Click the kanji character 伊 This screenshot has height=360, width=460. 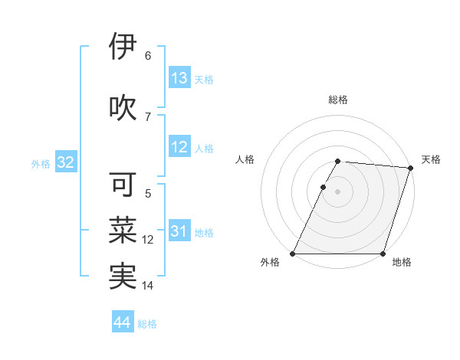[x=123, y=47]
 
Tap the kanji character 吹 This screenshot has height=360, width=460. [x=123, y=108]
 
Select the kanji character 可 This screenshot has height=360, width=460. [x=123, y=184]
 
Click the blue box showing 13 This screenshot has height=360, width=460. [x=179, y=78]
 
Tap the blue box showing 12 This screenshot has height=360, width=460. [x=179, y=147]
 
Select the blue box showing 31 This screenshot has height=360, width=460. [x=179, y=231]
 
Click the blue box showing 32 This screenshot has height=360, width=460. [x=65, y=162]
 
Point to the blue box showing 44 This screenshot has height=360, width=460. [x=123, y=323]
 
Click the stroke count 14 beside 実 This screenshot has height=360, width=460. [x=148, y=286]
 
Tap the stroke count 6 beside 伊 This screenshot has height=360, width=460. [x=148, y=56]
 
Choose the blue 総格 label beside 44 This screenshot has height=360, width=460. [x=147, y=324]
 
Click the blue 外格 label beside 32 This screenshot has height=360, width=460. [x=41, y=163]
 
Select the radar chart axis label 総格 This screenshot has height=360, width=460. [x=338, y=100]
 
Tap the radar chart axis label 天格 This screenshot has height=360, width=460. [x=431, y=159]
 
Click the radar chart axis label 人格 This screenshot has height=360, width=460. [x=245, y=159]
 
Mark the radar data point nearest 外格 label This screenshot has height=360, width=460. [x=293, y=254]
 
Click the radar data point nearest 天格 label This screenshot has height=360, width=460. [x=411, y=168]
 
